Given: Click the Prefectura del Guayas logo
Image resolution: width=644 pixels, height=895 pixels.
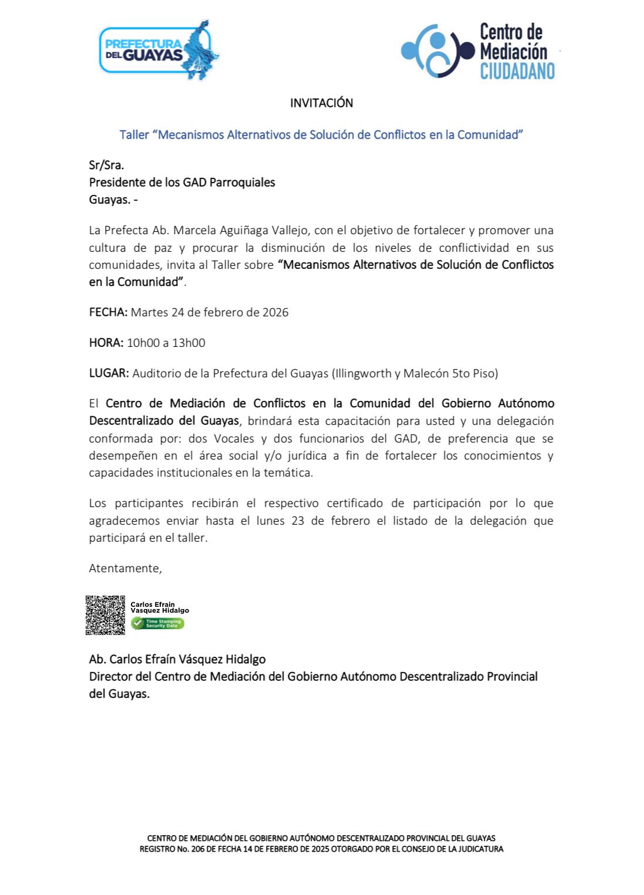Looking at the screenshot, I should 159,50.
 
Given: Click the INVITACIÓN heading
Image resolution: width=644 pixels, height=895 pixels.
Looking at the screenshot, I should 321,103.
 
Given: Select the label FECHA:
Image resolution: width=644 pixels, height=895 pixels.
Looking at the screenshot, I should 108,312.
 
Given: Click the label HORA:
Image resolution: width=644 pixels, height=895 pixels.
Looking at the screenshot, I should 106,343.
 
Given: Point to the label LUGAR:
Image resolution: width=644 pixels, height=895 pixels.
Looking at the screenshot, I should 109,373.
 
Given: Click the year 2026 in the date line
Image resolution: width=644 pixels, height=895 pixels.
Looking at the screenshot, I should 275,312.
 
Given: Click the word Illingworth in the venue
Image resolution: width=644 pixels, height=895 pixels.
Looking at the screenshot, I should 360,373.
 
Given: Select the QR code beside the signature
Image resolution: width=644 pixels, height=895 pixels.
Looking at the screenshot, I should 106,615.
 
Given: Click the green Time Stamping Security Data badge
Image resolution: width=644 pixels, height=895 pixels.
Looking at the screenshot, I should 157,624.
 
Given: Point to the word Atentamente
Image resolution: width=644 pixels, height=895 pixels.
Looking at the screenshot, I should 124,568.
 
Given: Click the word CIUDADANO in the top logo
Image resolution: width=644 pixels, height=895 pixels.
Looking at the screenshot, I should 517,71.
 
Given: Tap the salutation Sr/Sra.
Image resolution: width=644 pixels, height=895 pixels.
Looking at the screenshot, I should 106,165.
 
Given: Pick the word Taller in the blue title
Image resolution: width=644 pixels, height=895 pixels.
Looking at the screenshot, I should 134,134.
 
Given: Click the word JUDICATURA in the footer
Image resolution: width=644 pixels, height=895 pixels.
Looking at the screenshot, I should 476,849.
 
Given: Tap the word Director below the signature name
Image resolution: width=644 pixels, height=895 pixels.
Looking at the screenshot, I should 110,677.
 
